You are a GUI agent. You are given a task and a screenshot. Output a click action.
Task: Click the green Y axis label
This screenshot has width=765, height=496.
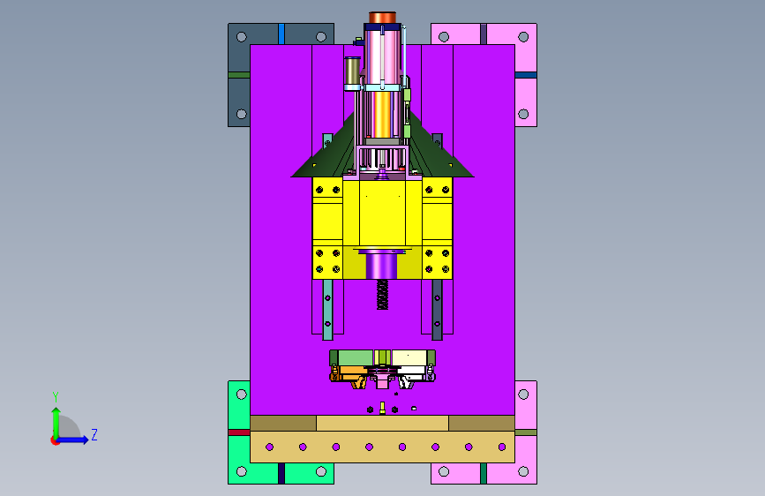[56, 397]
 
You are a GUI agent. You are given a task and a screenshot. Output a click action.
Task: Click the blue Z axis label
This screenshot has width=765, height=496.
[94, 434]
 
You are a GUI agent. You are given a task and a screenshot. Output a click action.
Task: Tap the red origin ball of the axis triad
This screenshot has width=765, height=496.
[55, 440]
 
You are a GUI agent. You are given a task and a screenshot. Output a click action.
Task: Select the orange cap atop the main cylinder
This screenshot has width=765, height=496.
[382, 18]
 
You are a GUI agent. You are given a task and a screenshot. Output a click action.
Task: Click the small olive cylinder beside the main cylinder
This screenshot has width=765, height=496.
[352, 74]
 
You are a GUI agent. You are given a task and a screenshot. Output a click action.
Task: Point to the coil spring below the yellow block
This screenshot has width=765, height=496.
[383, 295]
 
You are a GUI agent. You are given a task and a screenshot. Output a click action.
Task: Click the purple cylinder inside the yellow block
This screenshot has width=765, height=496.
[381, 266]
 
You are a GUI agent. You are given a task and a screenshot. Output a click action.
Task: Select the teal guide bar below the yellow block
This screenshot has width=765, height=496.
[328, 310]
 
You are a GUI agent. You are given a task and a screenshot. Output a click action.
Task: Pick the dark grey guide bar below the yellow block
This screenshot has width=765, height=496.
[437, 310]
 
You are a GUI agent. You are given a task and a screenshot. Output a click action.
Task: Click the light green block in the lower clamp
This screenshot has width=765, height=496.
[356, 357]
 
